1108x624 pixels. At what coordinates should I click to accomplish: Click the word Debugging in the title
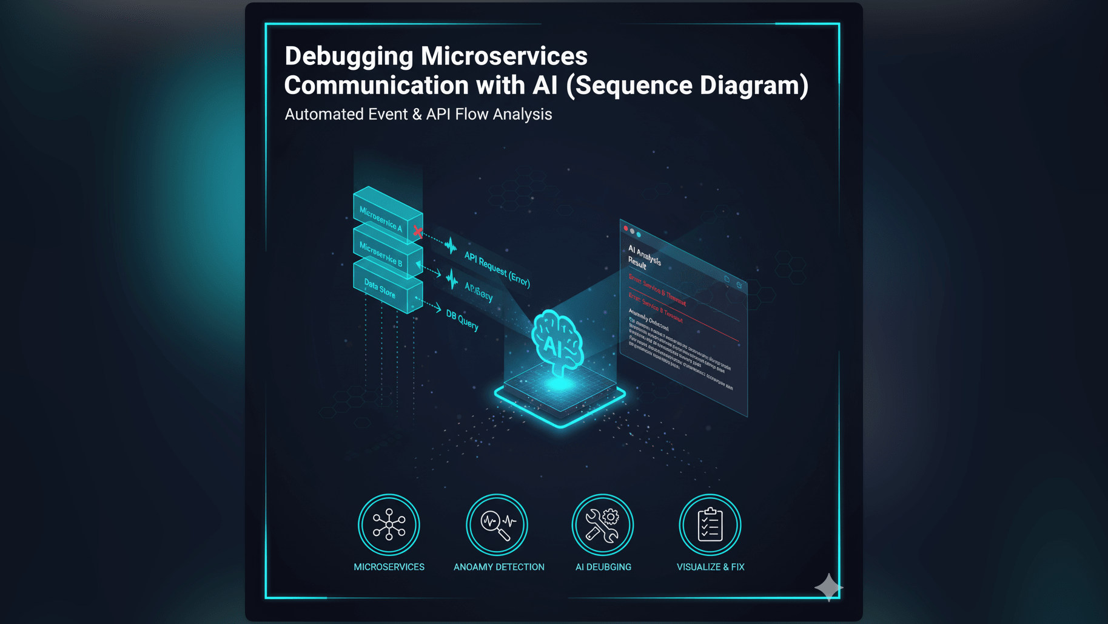tap(349, 57)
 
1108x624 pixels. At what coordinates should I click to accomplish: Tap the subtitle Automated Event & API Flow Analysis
tap(418, 114)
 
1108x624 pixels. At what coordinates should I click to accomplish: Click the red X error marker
tap(418, 231)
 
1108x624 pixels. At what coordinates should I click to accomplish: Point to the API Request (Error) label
tap(497, 269)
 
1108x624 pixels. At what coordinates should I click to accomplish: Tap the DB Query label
tap(462, 320)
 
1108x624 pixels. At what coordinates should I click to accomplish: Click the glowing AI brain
tap(557, 343)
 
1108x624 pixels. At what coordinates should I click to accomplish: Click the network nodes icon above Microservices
tap(389, 524)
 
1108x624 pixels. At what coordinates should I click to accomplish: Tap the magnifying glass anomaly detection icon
tap(497, 524)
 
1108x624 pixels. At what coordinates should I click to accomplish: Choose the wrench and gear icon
tap(602, 524)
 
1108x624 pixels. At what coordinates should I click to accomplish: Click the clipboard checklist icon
tap(710, 524)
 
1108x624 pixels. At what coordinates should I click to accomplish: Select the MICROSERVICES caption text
tap(389, 567)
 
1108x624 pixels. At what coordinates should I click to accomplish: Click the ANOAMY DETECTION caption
tap(499, 567)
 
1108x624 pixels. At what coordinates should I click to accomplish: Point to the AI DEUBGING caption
tap(603, 567)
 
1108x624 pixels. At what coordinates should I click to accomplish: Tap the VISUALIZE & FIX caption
tap(710, 567)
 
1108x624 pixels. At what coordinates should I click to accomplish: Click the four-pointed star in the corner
tap(828, 587)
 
